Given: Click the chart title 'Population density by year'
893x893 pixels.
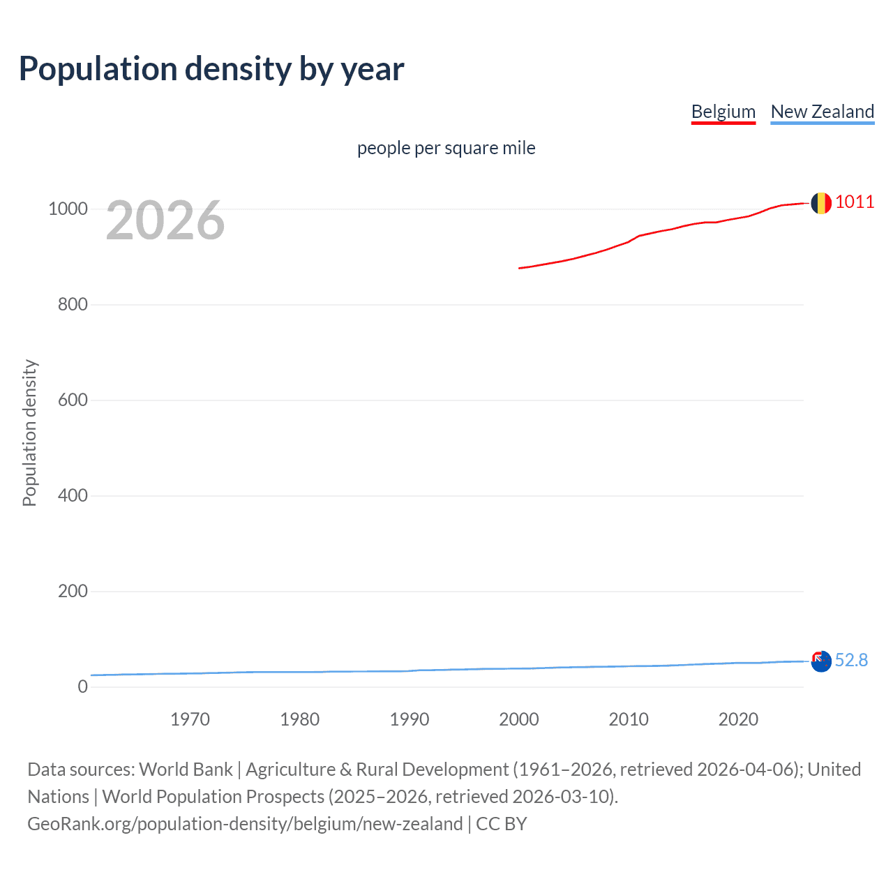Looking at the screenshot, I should pyautogui.click(x=211, y=69).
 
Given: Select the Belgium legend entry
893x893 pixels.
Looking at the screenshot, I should pyautogui.click(x=723, y=112).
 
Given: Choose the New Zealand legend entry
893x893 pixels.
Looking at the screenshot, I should pyautogui.click(x=822, y=112).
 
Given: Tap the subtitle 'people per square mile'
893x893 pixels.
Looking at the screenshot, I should pyautogui.click(x=446, y=149).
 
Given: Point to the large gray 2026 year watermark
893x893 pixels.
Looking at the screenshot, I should pyautogui.click(x=165, y=221).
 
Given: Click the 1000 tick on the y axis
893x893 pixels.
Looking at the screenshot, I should pyautogui.click(x=68, y=209).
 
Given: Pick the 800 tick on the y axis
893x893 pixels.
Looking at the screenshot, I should pyautogui.click(x=73, y=305).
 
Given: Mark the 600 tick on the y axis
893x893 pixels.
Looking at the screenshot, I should pyautogui.click(x=73, y=400).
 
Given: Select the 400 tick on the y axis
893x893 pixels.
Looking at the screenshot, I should pyautogui.click(x=73, y=496).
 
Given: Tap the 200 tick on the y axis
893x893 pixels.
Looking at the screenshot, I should pyautogui.click(x=73, y=592).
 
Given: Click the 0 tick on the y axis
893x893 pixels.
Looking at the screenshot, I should pyautogui.click(x=83, y=687).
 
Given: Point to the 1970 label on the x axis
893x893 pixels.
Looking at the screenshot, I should pyautogui.click(x=190, y=719).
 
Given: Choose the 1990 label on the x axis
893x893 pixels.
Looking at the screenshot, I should pyautogui.click(x=410, y=719).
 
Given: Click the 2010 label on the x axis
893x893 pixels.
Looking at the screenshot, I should pyautogui.click(x=629, y=719).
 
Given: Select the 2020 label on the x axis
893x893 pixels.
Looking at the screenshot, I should pyautogui.click(x=738, y=719).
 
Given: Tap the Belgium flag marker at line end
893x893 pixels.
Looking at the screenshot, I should pyautogui.click(x=821, y=203).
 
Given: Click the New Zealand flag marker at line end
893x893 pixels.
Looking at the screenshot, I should pyautogui.click(x=821, y=661).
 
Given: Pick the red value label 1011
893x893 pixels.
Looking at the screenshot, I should pyautogui.click(x=855, y=202).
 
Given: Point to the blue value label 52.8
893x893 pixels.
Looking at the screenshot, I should pyautogui.click(x=851, y=661).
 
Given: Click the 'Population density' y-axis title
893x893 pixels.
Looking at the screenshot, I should pyautogui.click(x=29, y=433).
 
